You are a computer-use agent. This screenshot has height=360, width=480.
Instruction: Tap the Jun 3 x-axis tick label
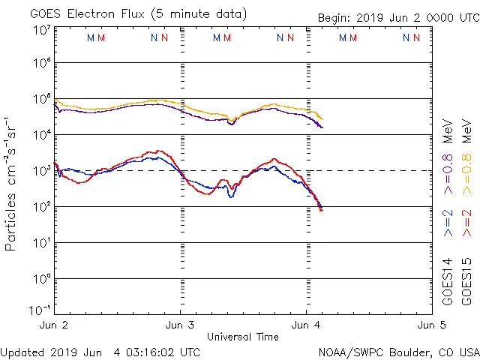(180, 325)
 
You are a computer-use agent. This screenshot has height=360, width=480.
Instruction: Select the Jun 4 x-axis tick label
(306, 325)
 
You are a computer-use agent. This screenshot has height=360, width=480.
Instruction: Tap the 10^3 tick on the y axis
(41, 171)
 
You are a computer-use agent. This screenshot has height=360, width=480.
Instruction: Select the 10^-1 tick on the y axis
(41, 310)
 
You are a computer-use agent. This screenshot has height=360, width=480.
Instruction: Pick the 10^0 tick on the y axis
(41, 279)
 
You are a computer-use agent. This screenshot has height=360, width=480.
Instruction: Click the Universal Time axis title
(242, 337)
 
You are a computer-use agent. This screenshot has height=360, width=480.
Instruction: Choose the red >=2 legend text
(467, 223)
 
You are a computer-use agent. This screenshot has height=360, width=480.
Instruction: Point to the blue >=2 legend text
(448, 223)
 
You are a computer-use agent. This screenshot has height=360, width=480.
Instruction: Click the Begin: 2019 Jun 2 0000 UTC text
(397, 16)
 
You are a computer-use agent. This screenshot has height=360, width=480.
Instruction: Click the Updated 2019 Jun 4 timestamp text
(100, 352)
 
